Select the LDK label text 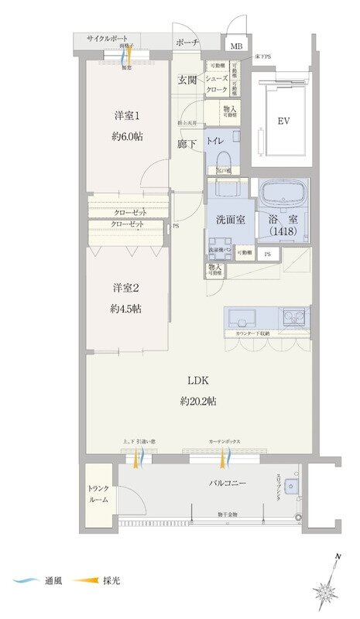pos(197,380)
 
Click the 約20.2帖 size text pos(197,401)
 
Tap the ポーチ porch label pos(187,43)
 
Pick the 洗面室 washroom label pos(231,220)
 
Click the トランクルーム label pos(98,493)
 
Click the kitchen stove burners pos(293,316)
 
